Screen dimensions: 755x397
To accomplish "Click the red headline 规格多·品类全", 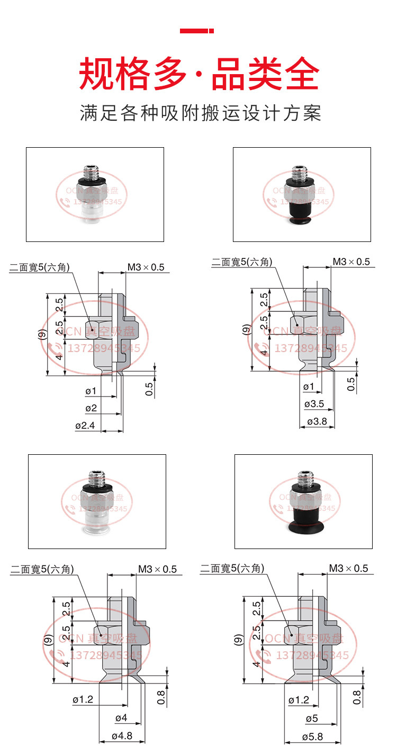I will (199, 74).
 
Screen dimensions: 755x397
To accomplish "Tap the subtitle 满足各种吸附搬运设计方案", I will (200, 113).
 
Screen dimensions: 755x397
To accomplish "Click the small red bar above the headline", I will (196, 31).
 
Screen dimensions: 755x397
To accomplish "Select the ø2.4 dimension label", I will (85, 425).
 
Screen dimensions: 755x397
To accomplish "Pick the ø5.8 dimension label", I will (312, 736).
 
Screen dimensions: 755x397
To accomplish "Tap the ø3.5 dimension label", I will (314, 405).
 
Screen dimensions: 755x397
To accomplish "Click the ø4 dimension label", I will (121, 718).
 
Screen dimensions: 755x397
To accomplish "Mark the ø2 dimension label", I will (91, 408).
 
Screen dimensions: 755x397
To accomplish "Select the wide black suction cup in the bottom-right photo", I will (303, 522).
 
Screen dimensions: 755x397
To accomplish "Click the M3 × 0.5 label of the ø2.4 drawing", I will (146, 267).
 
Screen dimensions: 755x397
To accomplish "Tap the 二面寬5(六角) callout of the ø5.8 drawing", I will (231, 569).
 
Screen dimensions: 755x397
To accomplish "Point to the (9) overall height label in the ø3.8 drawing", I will (245, 330).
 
